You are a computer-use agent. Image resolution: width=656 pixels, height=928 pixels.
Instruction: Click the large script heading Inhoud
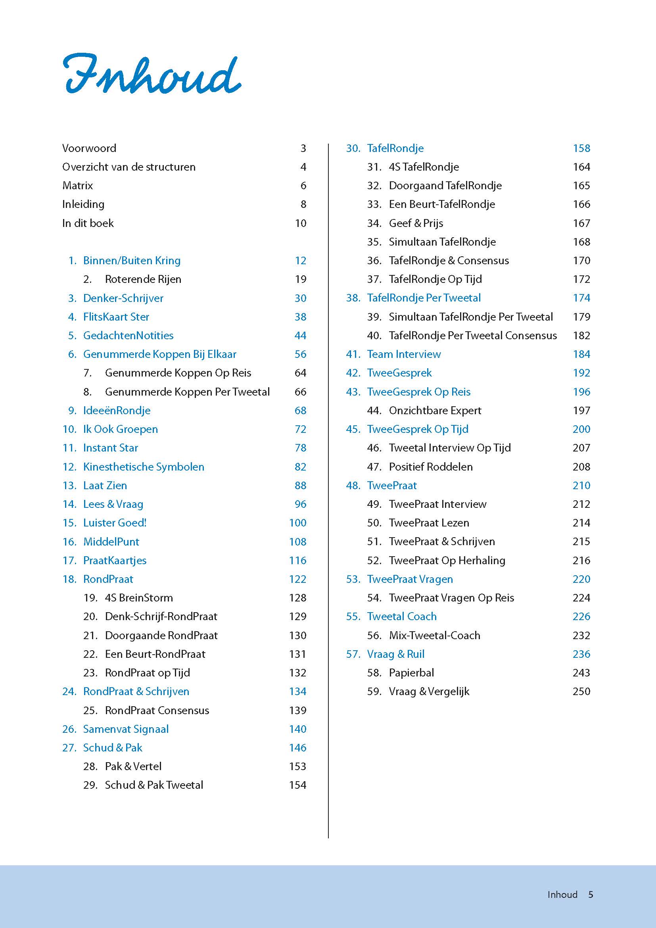tap(152, 75)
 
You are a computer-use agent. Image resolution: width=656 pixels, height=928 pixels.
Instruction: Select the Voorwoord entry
tap(89, 148)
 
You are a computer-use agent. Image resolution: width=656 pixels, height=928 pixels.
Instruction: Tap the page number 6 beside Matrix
tap(303, 186)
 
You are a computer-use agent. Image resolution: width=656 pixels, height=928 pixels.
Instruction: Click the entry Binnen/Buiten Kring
tap(132, 261)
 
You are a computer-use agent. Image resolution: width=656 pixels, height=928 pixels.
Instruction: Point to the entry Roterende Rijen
tap(143, 279)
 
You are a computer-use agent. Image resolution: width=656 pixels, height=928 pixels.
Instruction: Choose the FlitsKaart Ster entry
tap(116, 317)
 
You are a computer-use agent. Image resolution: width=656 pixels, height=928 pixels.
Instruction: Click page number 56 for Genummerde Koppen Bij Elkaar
tap(300, 354)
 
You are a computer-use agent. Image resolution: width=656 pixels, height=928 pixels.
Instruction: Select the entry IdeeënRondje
tap(117, 411)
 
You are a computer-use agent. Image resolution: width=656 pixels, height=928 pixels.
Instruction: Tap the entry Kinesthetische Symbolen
tap(144, 467)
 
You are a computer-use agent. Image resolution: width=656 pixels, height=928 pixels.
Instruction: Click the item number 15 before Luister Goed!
tap(69, 523)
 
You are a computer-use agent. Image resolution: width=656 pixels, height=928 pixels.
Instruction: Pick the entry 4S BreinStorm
tap(138, 598)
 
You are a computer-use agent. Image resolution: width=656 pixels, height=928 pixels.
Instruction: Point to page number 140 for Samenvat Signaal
tap(297, 729)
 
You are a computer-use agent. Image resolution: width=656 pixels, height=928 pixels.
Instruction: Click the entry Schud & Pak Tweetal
tap(154, 785)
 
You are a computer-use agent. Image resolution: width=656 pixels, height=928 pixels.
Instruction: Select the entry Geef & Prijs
tap(416, 223)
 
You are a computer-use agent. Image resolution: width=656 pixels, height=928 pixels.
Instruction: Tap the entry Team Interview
tap(403, 354)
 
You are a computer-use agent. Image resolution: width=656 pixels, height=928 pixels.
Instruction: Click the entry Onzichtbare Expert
tap(435, 411)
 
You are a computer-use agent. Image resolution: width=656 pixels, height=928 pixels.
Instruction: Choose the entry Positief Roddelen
tap(431, 467)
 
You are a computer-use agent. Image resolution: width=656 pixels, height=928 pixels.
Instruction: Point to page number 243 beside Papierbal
tap(581, 673)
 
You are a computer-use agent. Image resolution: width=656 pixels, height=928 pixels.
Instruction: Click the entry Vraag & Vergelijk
tap(429, 692)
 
